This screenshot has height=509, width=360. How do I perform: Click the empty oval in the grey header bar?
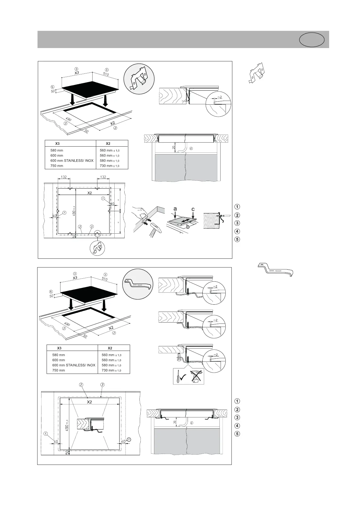coord(312,40)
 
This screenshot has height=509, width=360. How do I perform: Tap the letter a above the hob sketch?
coord(175,209)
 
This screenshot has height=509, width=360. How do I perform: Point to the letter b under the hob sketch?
coord(188,226)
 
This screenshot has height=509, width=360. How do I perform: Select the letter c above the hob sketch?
coord(193,209)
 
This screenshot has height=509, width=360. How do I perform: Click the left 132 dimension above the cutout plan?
coord(64,177)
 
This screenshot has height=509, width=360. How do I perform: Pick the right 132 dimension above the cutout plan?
coord(103,177)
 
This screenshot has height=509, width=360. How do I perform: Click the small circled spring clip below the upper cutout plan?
coord(97,248)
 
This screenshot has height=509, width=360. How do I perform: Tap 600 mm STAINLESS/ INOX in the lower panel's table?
coord(74,365)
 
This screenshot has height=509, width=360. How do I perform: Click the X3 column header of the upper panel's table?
coord(57,143)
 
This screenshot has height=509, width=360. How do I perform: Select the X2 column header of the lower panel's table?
coord(110,348)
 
